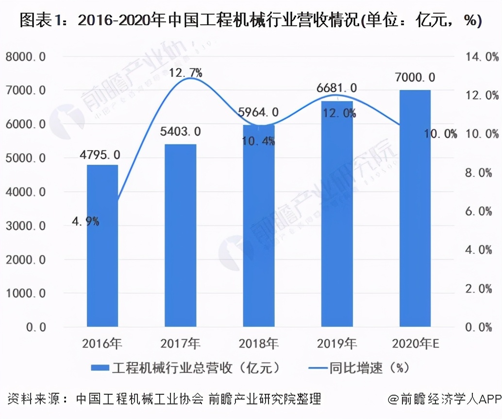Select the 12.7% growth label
[x=186, y=73]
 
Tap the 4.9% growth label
[x=85, y=221]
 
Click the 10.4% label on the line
[x=258, y=141]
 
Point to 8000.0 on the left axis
[x=26, y=56]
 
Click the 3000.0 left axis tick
[x=26, y=226]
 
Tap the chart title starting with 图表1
[x=251, y=21]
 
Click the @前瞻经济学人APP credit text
[x=444, y=399]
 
